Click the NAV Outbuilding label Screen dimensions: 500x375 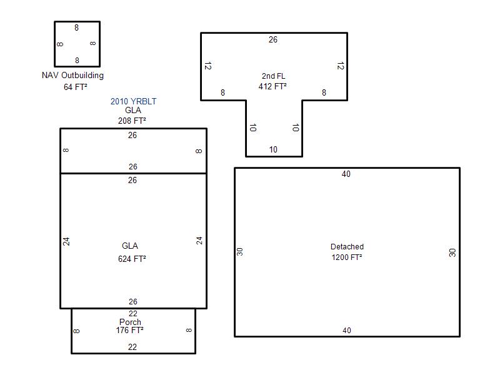point(72,76)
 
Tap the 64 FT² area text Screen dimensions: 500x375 point(76,87)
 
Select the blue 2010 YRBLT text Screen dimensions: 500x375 point(133,101)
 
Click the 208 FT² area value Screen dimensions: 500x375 point(132,121)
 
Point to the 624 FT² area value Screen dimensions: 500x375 point(132,259)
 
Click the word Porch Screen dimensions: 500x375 point(130,322)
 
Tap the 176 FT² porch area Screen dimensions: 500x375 point(130,330)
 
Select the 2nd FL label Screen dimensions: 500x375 point(274,76)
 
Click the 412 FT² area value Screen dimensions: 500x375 point(272,86)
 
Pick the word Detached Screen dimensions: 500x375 point(347,246)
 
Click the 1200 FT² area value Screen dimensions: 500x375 point(347,257)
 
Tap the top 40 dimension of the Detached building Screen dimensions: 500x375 point(346,174)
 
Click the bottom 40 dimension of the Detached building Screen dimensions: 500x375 point(347,331)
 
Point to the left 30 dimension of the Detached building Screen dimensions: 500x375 point(240,252)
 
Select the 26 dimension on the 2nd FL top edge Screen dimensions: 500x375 point(273,39)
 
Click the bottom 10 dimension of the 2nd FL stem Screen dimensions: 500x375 point(273,149)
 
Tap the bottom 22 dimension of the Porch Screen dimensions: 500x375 point(132,347)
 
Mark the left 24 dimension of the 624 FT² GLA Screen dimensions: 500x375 point(66,241)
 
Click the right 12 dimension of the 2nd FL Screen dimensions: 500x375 point(341,66)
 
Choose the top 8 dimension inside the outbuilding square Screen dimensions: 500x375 point(76,27)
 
